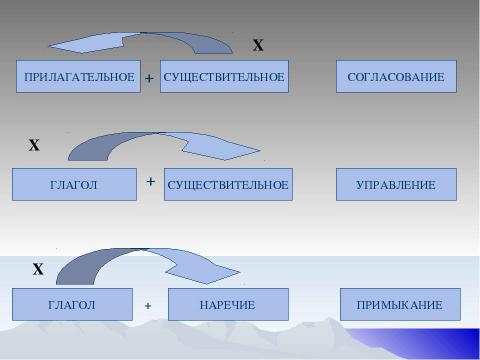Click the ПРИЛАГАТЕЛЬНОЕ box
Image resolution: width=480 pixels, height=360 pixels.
click(x=78, y=77)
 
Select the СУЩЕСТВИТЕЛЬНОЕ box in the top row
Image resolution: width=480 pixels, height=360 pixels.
click(x=224, y=77)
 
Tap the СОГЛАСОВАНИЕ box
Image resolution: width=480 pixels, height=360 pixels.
click(x=396, y=77)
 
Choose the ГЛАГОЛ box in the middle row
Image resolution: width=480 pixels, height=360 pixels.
click(x=74, y=185)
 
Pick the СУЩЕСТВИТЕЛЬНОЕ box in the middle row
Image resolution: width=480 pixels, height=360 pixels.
click(x=228, y=185)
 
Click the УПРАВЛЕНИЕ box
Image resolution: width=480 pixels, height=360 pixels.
click(x=396, y=185)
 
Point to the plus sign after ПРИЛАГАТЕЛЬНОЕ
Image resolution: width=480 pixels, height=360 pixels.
click(x=148, y=78)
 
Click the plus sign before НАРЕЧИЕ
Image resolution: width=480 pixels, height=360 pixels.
click(x=148, y=305)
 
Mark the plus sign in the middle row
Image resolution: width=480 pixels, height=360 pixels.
click(x=151, y=182)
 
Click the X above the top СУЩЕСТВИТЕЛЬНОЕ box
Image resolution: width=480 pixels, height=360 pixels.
click(x=257, y=46)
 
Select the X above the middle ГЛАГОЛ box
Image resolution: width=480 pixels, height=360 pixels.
click(x=33, y=146)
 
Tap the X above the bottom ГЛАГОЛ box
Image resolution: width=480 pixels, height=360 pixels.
click(x=38, y=269)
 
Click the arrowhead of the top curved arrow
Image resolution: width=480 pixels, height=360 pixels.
click(x=75, y=43)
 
